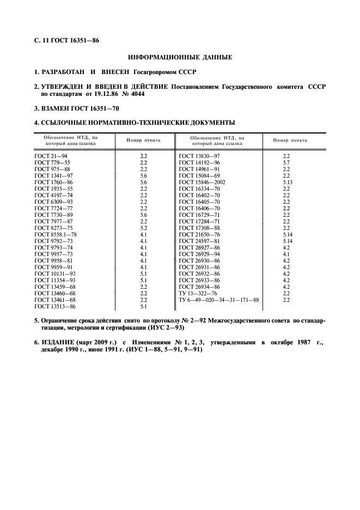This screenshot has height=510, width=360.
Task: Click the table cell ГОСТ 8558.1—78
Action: click(56, 234)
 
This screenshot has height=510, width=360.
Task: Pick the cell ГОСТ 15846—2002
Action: click(202, 182)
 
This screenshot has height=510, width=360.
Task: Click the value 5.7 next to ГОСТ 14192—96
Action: click(286, 162)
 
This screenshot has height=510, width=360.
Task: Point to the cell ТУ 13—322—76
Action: click(197, 293)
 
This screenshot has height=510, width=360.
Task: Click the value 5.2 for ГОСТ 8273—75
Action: click(144, 227)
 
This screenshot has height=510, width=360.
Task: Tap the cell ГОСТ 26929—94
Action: click(199, 253)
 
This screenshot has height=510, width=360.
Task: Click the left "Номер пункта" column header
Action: click(144, 140)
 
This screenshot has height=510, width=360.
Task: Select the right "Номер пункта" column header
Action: click(290, 140)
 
